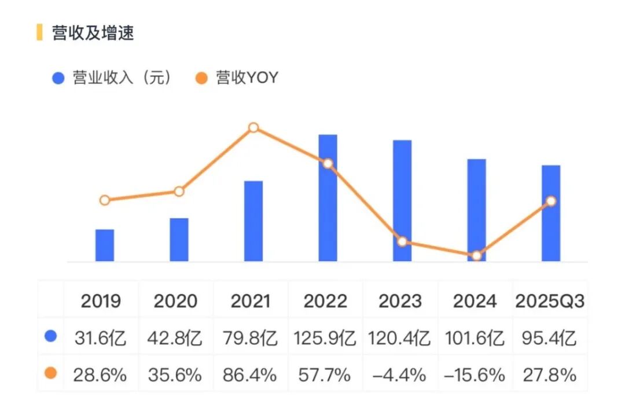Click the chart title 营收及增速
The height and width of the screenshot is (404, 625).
pyautogui.click(x=93, y=33)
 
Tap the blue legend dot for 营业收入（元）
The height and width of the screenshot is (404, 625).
pyautogui.click(x=58, y=78)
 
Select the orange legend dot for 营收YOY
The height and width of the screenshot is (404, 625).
pyautogui.click(x=201, y=78)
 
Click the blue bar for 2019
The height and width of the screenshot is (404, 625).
pyautogui.click(x=105, y=245)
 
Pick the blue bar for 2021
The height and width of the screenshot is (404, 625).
pyautogui.click(x=253, y=221)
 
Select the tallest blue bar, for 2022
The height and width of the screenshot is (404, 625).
pyautogui.click(x=328, y=198)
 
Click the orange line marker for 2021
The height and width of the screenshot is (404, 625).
pyautogui.click(x=253, y=128)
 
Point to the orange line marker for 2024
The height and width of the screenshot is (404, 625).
pyautogui.click(x=476, y=255)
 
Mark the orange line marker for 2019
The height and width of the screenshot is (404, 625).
pyautogui.click(x=105, y=200)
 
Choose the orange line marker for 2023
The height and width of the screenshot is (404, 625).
pyautogui.click(x=402, y=241)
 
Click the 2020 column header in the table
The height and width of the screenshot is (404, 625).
pyautogui.click(x=175, y=301)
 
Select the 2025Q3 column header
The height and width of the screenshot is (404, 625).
pyautogui.click(x=550, y=301)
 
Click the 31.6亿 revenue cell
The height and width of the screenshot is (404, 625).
pyautogui.click(x=101, y=337)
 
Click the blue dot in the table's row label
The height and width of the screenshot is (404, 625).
pyautogui.click(x=50, y=336)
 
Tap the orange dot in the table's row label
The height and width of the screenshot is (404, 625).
pyautogui.click(x=50, y=373)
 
